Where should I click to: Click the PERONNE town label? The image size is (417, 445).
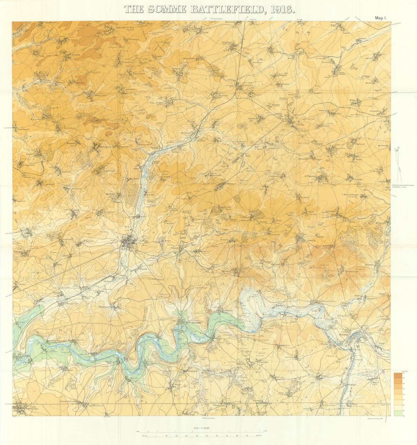point(344,335)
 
